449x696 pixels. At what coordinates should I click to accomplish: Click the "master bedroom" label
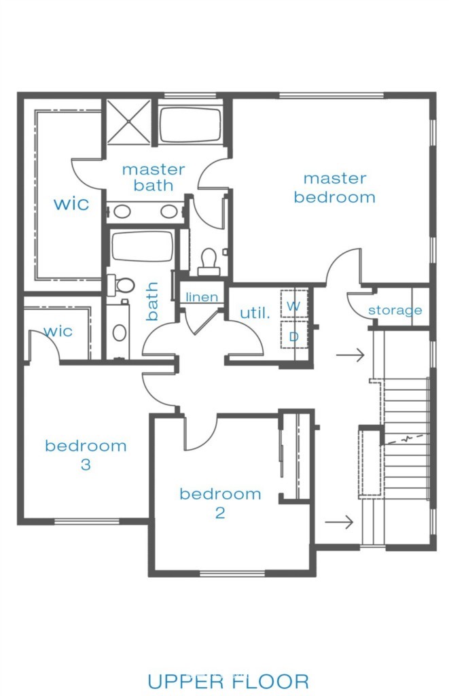point(334,188)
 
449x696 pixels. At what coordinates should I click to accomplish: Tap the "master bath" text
point(154,177)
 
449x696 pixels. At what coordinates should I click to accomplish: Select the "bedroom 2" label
point(220,503)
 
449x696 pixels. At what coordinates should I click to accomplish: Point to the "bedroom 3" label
point(86,455)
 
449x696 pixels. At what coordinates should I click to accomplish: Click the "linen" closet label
point(202,297)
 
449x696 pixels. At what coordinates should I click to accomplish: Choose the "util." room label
point(255,313)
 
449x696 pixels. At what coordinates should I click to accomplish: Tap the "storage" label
point(395,310)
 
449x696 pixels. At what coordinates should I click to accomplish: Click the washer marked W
point(293,304)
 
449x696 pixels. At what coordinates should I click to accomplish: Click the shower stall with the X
point(128,121)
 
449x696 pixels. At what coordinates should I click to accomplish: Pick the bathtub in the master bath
point(190,125)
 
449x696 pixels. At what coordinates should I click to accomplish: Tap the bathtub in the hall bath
point(142,247)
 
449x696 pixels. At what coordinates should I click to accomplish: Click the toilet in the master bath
point(209,262)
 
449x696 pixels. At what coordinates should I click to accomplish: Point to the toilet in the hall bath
point(121,285)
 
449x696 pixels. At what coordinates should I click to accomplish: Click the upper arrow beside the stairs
point(351,355)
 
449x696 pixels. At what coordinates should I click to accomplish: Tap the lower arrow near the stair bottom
point(339,522)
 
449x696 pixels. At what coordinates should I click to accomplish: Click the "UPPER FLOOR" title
point(228,682)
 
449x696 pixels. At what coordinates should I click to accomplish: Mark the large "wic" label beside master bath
point(71,204)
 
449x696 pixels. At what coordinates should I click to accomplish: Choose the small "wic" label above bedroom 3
point(58,331)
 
